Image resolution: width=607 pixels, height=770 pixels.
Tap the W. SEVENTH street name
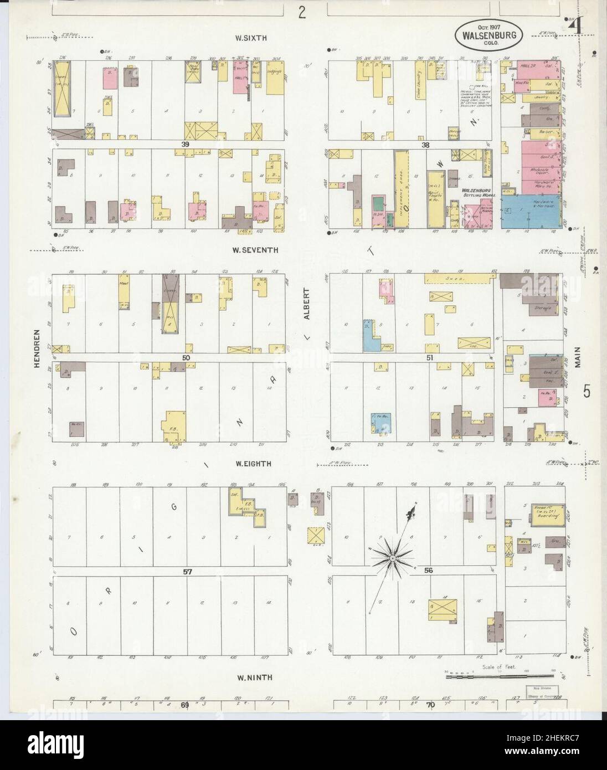pos(255,250)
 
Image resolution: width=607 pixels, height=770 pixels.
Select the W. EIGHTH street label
pos(253,464)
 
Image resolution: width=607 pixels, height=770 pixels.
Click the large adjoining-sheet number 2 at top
pos(301,12)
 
